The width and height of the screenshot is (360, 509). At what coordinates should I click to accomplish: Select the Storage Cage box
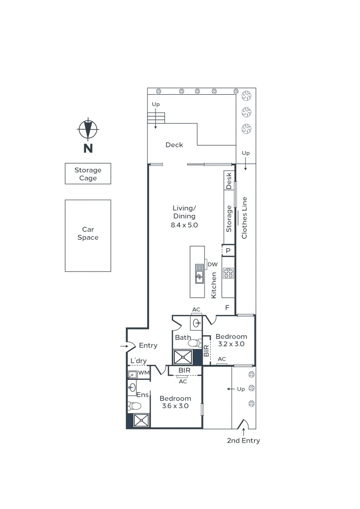(x=88, y=174)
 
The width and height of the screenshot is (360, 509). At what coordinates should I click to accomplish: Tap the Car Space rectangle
(x=88, y=235)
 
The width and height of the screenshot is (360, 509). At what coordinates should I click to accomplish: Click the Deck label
(x=174, y=145)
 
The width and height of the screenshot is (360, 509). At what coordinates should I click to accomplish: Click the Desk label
(x=229, y=180)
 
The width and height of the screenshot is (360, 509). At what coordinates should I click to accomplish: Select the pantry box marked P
(x=228, y=250)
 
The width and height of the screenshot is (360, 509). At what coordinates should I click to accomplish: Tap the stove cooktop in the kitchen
(x=229, y=273)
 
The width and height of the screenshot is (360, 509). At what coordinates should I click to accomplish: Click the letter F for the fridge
(x=227, y=307)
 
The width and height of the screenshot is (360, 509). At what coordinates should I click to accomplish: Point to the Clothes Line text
(x=245, y=218)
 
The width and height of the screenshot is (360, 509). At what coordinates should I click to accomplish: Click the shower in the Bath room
(x=183, y=357)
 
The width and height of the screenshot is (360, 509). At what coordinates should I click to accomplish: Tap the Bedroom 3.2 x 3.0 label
(x=231, y=340)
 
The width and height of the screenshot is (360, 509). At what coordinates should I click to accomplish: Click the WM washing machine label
(x=143, y=373)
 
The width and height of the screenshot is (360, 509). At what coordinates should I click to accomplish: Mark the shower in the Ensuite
(x=141, y=420)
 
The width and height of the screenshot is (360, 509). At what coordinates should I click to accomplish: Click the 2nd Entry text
(x=243, y=441)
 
